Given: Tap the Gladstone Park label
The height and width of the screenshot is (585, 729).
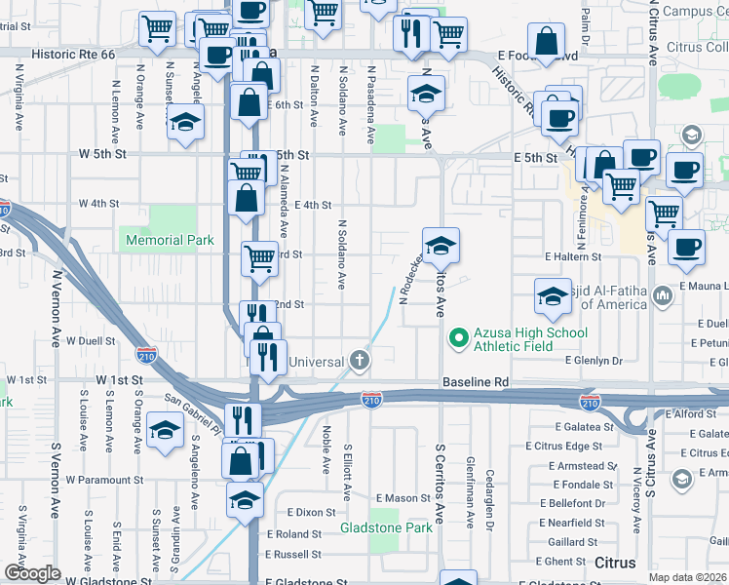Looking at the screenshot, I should click(x=386, y=528).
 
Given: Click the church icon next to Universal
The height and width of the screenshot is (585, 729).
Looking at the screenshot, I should click(x=360, y=362).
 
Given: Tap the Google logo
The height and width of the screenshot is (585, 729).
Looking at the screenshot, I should click(x=31, y=573).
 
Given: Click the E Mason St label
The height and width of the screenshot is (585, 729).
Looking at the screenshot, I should click(x=402, y=498).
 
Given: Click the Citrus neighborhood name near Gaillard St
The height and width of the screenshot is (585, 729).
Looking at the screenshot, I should click(x=616, y=563).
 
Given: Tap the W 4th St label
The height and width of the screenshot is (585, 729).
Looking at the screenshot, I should click(x=97, y=204).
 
